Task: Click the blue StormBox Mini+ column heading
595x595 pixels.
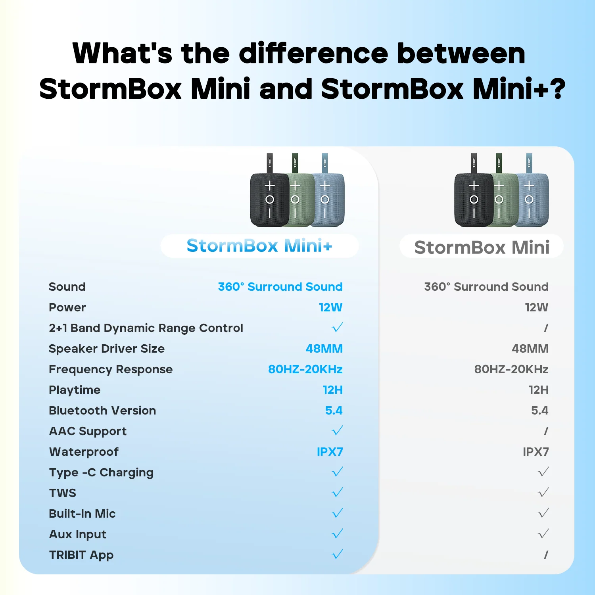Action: pos(259,246)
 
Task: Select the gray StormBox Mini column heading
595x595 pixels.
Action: pos(482,248)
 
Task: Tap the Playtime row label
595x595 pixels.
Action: pos(75,390)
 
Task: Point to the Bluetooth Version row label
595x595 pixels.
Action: pos(102,411)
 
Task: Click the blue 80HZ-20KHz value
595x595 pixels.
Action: pos(305,369)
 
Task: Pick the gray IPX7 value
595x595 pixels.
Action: pos(535,452)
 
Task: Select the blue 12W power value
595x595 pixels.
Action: pos(330,307)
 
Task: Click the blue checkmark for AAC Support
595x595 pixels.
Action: pos(337,431)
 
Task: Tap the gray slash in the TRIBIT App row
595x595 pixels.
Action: pos(546,555)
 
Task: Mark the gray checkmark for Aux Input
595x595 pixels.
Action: pos(543,534)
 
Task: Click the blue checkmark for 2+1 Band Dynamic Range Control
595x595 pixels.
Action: pos(337,328)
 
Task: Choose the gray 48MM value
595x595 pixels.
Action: pos(530,349)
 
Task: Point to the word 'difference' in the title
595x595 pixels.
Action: pos(313,53)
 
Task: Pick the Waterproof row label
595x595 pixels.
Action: pos(84,452)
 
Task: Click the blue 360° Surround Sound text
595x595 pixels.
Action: pos(280,287)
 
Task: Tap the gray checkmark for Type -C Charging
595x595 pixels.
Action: pos(543,472)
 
